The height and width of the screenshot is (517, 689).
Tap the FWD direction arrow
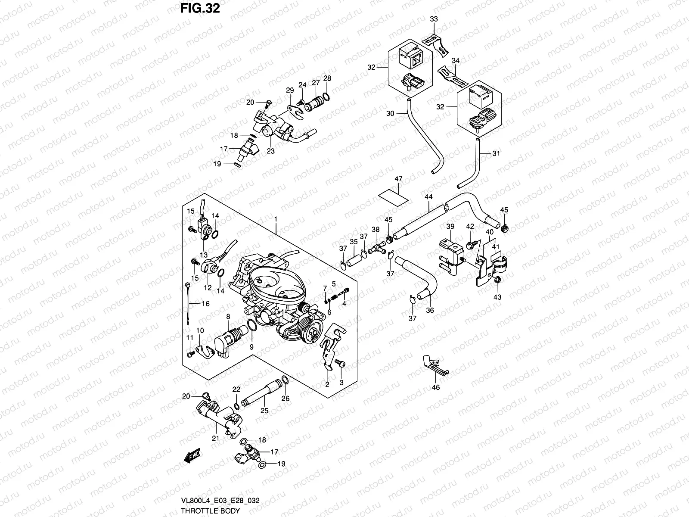tap(193, 456)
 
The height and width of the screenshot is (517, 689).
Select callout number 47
tap(398, 179)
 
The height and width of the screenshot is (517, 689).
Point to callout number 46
tap(436, 387)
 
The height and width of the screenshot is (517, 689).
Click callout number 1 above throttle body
tap(276, 220)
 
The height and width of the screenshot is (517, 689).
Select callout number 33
tap(434, 19)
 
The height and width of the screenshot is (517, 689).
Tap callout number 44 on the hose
tap(428, 197)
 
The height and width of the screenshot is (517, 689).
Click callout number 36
tap(430, 310)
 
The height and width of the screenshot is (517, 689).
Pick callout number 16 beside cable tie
tap(205, 304)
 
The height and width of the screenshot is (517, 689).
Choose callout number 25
tap(264, 411)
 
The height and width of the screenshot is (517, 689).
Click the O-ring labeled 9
tap(253, 327)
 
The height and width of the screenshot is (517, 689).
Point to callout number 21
tap(215, 439)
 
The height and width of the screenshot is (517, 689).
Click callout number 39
tap(450, 227)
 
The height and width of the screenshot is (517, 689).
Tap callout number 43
tap(497, 297)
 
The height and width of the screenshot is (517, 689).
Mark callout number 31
tap(496, 153)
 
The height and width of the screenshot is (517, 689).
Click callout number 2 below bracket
tap(327, 385)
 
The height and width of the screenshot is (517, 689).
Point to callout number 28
tap(327, 78)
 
